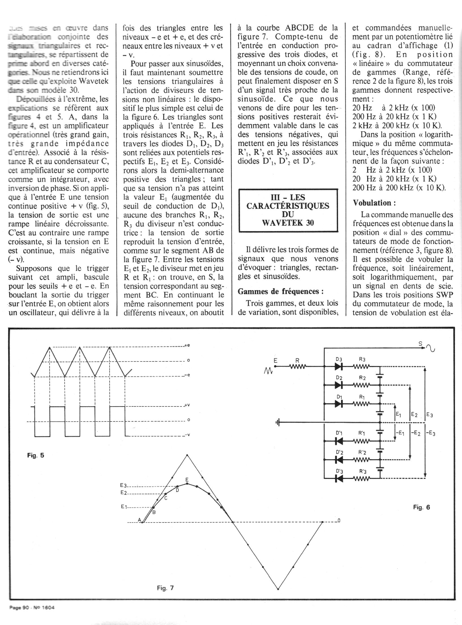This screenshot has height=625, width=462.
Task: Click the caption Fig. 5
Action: (36, 455)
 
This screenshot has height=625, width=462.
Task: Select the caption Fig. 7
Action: (165, 588)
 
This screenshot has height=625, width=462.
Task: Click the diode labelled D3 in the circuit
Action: (339, 366)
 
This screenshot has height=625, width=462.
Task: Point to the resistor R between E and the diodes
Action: (297, 366)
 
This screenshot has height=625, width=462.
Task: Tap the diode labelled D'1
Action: (339, 441)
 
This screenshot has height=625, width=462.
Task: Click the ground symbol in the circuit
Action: (278, 423)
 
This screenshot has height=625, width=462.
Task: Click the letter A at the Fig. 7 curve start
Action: (139, 520)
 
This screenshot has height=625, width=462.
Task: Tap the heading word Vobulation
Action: (374, 203)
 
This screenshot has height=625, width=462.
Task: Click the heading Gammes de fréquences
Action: (281, 291)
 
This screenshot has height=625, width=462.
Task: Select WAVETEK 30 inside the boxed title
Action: (288, 223)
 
